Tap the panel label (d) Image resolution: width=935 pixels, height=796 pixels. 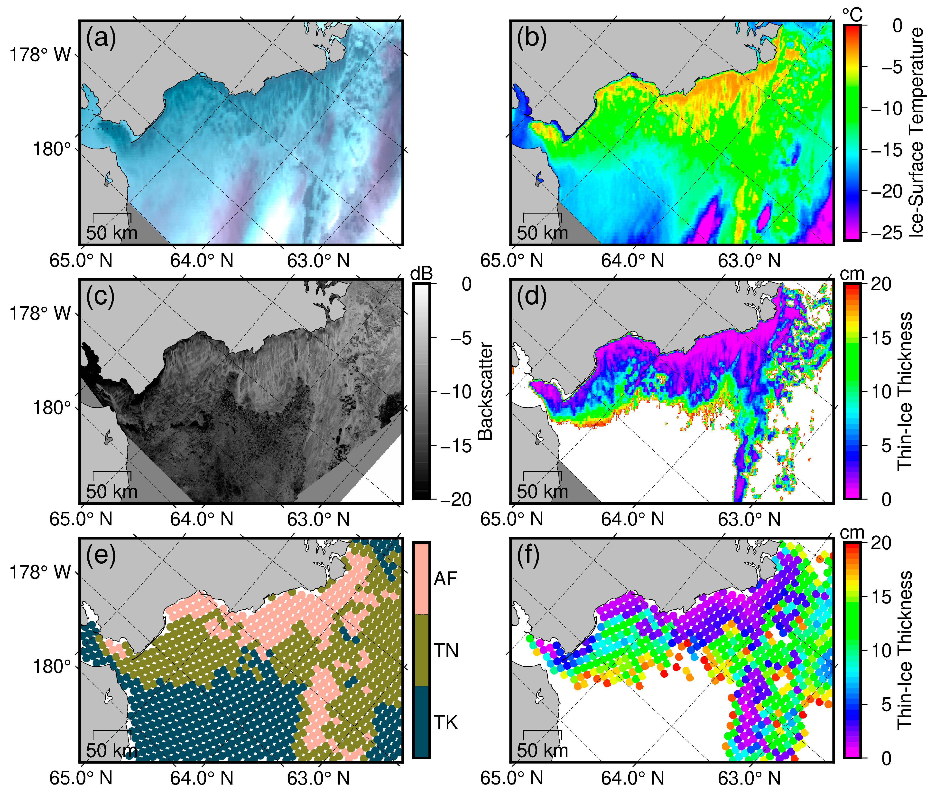tap(532, 296)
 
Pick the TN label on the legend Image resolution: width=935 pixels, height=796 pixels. tap(446, 650)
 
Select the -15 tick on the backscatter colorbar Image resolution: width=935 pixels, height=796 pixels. tap(455, 446)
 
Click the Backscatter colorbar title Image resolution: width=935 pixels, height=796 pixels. tap(485, 391)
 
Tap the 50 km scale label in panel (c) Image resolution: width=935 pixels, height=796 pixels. tap(111, 491)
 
